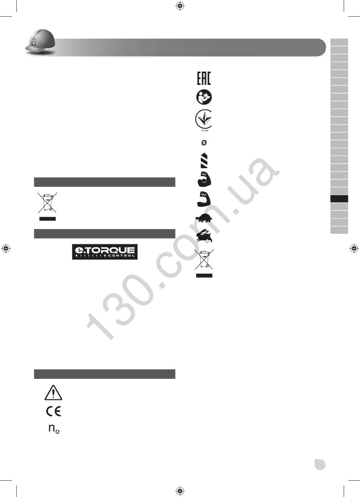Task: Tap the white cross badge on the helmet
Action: pos(33,43)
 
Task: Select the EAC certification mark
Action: pos(204,78)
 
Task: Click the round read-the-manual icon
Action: pos(204,97)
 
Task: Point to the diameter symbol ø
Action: pos(204,143)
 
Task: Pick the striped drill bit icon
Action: pos(204,160)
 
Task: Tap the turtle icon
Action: pos(204,218)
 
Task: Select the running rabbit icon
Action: pos(204,235)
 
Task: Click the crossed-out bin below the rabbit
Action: pos(204,259)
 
